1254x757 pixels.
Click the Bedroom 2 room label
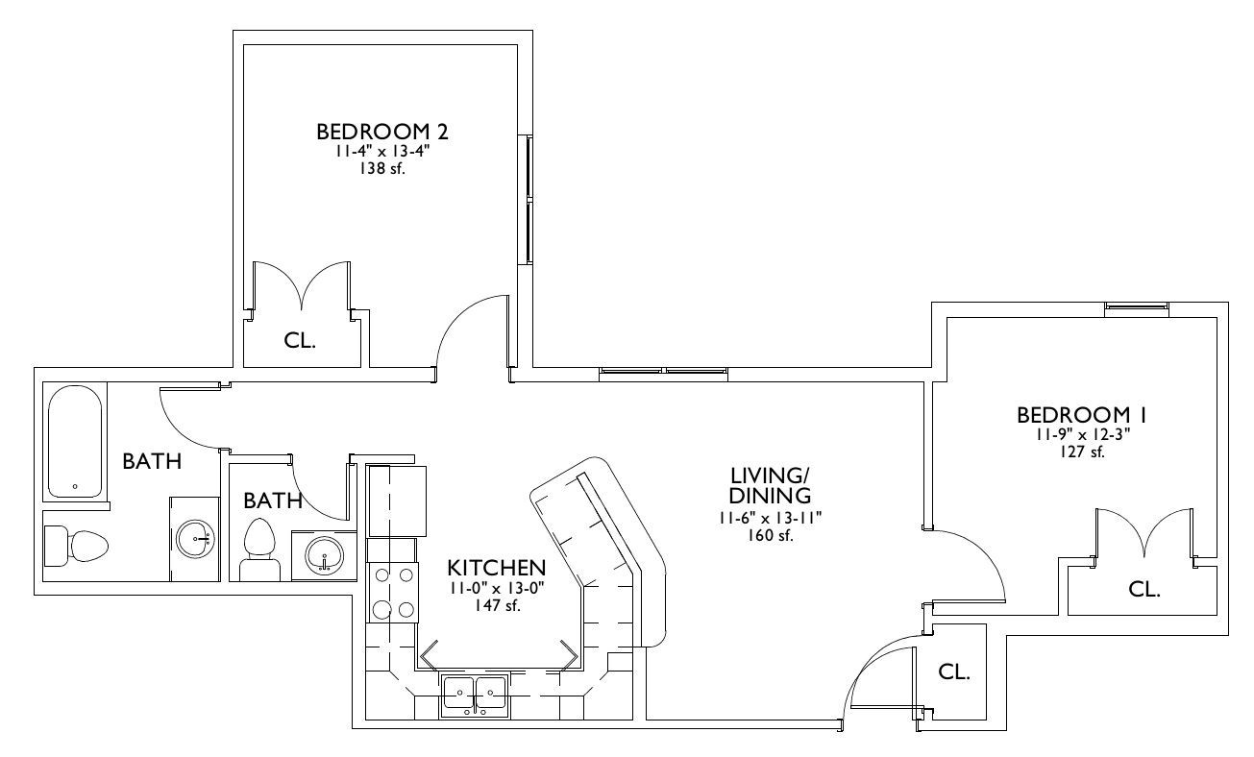coord(382,132)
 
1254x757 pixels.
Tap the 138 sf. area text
coord(382,168)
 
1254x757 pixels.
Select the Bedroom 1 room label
coord(1082,415)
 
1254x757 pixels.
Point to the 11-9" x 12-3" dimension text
coord(1082,434)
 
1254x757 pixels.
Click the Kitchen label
coord(497,568)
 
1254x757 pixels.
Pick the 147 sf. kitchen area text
coord(497,605)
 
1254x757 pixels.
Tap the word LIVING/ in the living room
coord(770,476)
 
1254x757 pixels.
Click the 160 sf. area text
coord(771,535)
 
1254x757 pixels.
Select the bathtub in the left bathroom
coord(75,442)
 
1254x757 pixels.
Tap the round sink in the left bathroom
coord(195,539)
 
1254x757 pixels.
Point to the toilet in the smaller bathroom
coord(259,549)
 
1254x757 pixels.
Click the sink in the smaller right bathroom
coord(324,555)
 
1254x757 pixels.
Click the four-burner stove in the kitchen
coord(392,593)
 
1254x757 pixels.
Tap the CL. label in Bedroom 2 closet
coord(300,341)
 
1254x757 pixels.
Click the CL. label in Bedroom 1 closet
coord(1144,589)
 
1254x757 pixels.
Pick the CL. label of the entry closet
coord(954,672)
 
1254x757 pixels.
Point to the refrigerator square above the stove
coord(396,501)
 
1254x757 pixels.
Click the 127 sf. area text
coord(1082,452)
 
